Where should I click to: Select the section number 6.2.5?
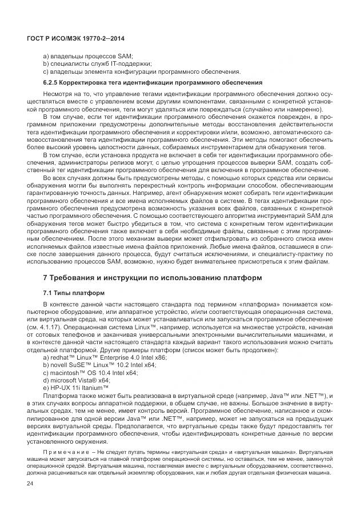52,82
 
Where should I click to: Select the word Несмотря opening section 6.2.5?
58,92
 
